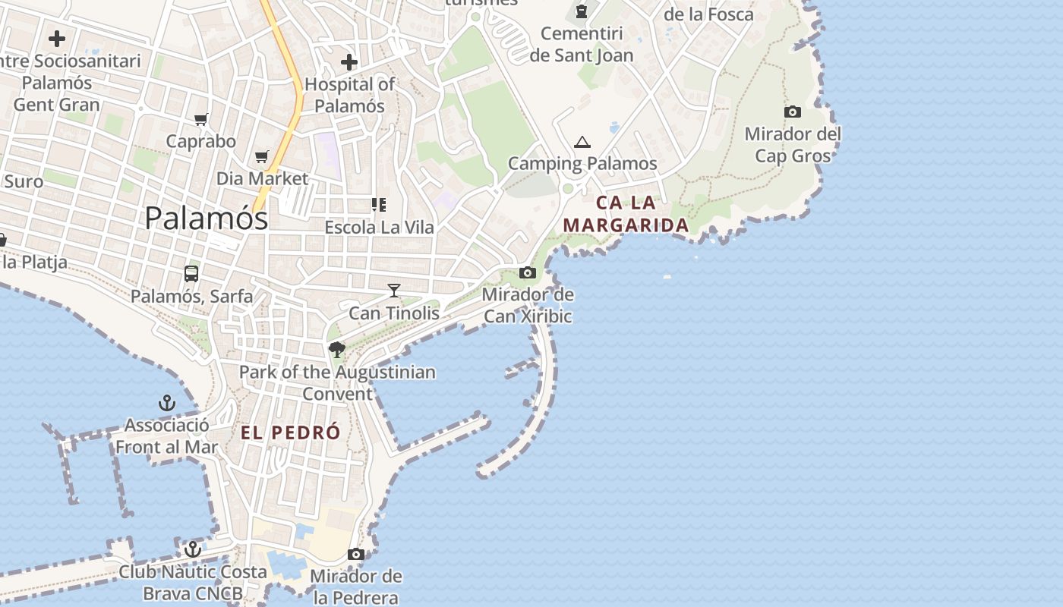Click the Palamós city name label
pos(206,219)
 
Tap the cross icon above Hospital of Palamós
pos(349,61)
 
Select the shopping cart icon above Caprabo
pos(201,119)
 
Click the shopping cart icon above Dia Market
pos(262,156)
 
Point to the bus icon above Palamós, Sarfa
pos(191,274)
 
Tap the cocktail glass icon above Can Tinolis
pos(393,290)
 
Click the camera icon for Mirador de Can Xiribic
pos(528,272)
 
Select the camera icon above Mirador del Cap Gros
pos(793,112)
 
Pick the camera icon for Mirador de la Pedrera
pos(355,554)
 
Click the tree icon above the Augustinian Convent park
pos(337,350)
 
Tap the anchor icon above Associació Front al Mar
pos(166,402)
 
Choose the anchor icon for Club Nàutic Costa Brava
pos(193,549)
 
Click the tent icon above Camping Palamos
pos(582,142)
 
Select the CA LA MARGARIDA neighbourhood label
pos(626,214)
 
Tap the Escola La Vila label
pos(379,227)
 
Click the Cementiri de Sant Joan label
pos(582,44)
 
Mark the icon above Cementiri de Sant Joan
pos(582,11)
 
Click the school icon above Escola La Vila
pos(379,204)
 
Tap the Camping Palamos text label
pos(582,163)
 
